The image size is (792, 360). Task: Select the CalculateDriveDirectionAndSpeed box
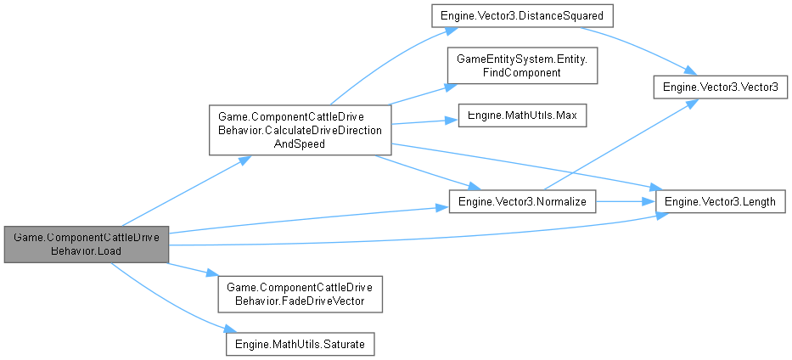[x=300, y=130]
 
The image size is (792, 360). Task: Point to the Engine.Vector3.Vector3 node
[x=720, y=88]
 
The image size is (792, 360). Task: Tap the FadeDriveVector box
[x=300, y=293]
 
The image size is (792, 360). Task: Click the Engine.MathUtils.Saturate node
[x=300, y=343]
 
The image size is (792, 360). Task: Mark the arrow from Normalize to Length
[x=626, y=200]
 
